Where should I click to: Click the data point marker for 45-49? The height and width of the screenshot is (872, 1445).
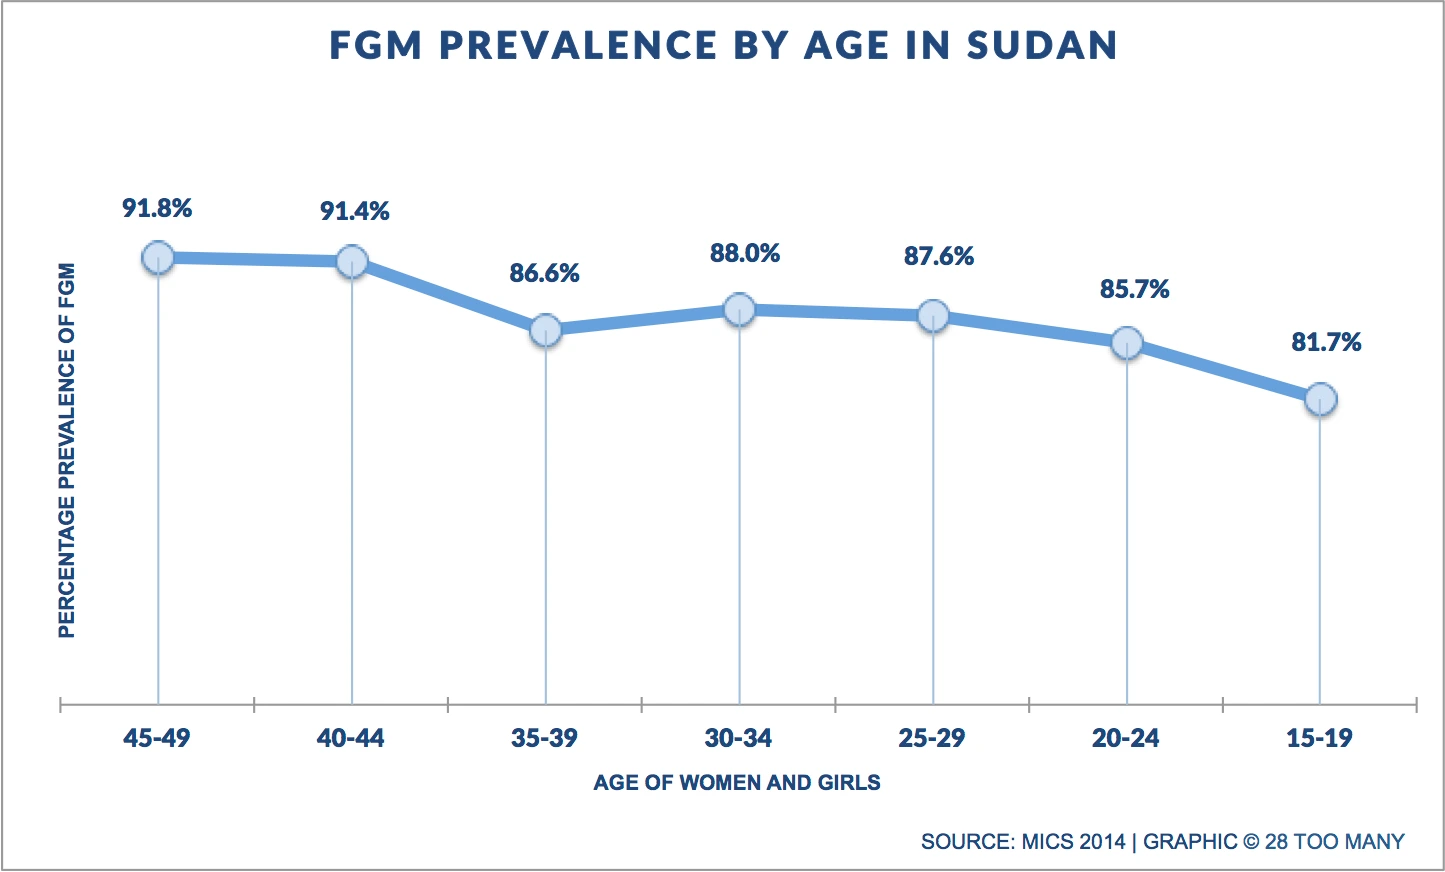tap(158, 258)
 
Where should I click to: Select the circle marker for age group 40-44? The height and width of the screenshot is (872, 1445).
tap(352, 262)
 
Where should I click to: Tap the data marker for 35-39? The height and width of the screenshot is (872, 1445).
tap(545, 330)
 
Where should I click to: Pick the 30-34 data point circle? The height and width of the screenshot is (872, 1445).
tap(739, 310)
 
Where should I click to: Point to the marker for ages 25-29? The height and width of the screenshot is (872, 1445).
tap(933, 316)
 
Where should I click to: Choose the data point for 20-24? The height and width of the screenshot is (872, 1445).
tap(1127, 343)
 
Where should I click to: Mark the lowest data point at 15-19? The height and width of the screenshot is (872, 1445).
tap(1320, 399)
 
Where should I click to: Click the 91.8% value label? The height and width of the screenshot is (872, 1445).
tap(157, 209)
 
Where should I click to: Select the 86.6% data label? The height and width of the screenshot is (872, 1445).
tap(544, 273)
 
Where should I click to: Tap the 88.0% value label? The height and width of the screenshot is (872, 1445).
tap(745, 253)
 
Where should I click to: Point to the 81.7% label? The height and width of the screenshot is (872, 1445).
tap(1326, 343)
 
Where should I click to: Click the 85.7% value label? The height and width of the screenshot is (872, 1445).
tap(1134, 289)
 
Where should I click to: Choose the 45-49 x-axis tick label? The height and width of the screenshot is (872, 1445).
tap(157, 738)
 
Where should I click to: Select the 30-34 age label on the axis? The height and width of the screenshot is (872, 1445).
tap(738, 738)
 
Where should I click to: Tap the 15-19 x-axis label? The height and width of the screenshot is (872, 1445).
tap(1319, 738)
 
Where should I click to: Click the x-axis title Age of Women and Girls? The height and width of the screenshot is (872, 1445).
tap(737, 782)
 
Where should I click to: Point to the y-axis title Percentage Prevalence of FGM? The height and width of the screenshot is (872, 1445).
tap(67, 450)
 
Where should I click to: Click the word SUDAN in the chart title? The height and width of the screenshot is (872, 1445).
tap(1041, 46)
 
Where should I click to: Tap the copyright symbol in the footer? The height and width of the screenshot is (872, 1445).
tap(1251, 841)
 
